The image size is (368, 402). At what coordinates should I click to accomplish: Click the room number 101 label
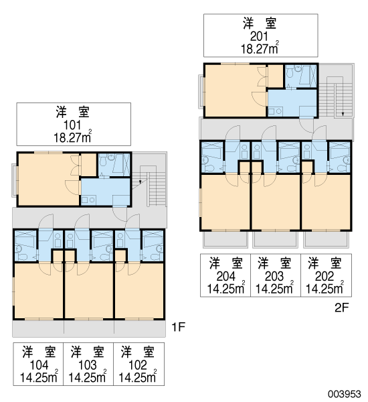(x=72, y=125)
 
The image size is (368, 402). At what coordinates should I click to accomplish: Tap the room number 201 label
(x=259, y=36)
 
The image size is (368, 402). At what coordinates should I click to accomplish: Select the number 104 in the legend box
(x=39, y=365)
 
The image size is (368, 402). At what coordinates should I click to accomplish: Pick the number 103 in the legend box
(x=88, y=365)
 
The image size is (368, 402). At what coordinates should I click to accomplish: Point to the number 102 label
(x=138, y=365)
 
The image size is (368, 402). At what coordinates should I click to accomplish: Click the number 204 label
(x=225, y=276)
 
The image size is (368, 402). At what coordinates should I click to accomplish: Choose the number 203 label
(x=274, y=276)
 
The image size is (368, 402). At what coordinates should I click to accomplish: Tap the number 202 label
(x=325, y=276)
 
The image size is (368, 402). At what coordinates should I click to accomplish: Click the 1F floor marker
(x=178, y=327)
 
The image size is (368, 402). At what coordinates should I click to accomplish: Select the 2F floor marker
(x=342, y=308)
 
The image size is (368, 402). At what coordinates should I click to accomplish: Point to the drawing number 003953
(x=345, y=394)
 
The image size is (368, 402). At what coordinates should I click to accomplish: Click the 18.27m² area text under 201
(x=260, y=48)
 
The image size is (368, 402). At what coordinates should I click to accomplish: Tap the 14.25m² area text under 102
(x=138, y=377)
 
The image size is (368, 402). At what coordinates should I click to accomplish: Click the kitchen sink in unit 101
(x=88, y=200)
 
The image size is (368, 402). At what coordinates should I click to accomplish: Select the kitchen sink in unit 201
(x=275, y=111)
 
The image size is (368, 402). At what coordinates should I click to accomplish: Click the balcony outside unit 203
(x=275, y=239)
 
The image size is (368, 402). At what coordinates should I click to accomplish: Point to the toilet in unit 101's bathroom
(x=103, y=162)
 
